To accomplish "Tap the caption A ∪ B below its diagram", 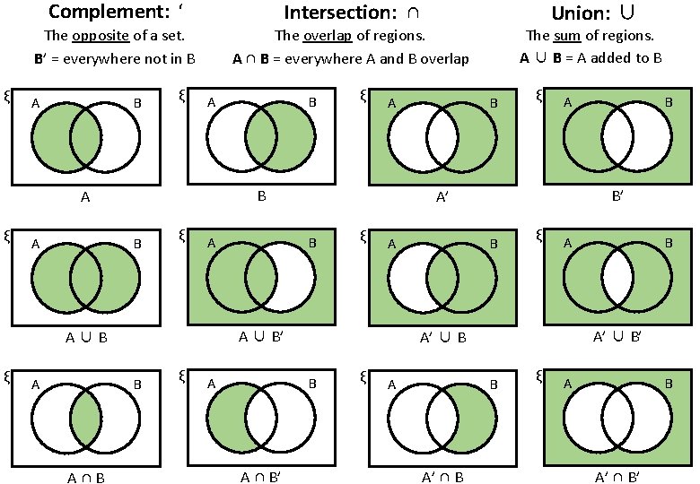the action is coord(86,338).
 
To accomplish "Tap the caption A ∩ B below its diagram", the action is coord(86,478).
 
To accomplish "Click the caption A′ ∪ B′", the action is coord(617,337).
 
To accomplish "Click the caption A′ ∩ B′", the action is coord(617,477).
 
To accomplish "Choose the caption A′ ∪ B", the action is coord(442,338).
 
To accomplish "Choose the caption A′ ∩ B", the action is coord(442,477).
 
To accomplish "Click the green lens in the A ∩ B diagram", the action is coord(86,419).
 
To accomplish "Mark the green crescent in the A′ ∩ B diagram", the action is coord(477,419).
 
